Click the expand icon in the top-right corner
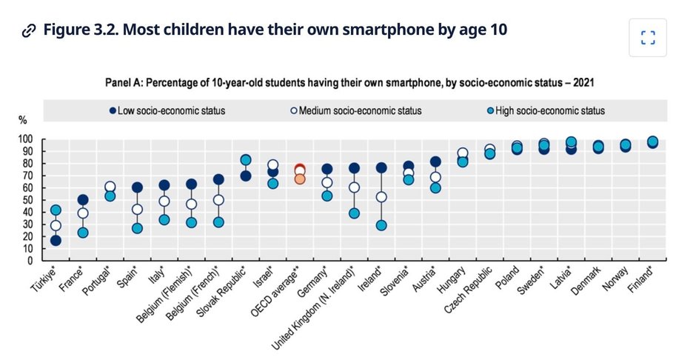[648, 38]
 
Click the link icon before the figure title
[29, 31]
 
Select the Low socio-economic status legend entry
[166, 111]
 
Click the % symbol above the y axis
[22, 119]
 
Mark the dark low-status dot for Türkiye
[56, 241]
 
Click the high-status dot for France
[83, 233]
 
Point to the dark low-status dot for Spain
[137, 187]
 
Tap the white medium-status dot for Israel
[272, 165]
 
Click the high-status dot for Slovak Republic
[246, 160]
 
